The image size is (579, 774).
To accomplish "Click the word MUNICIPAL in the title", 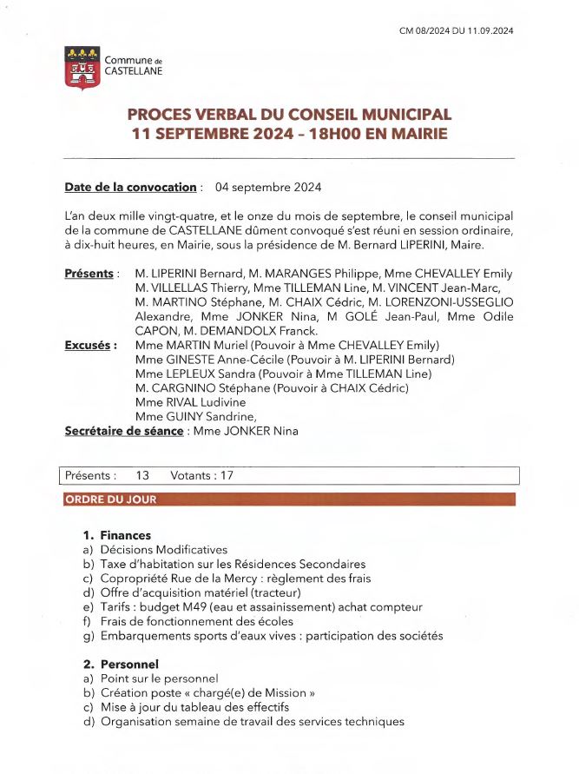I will pyautogui.click(x=400, y=115).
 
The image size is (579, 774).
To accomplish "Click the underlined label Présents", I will pyautogui.click(x=89, y=274).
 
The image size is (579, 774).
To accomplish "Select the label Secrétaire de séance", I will pyautogui.click(x=124, y=431).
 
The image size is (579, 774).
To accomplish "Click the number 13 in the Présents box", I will pyautogui.click(x=143, y=476).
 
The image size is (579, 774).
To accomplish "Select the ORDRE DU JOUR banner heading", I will pyautogui.click(x=110, y=499).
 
